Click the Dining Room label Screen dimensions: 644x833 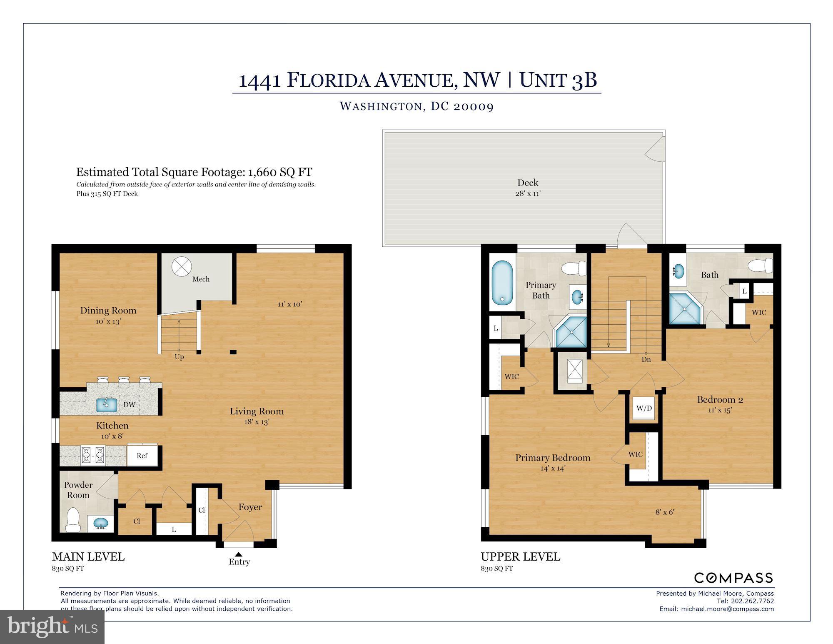(x=108, y=311)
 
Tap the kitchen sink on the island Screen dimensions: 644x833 (x=107, y=405)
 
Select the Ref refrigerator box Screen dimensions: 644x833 (x=142, y=456)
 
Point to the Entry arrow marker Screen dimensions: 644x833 (x=239, y=554)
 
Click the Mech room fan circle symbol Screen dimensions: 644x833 (x=182, y=266)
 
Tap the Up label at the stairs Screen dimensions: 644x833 (x=179, y=357)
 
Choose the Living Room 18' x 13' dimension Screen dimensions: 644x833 (x=257, y=422)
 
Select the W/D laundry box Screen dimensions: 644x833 (x=644, y=408)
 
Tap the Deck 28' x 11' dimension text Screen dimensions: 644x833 (x=528, y=193)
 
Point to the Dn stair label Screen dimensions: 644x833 (x=646, y=359)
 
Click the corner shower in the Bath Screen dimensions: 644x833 (x=685, y=309)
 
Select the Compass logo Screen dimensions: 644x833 (x=733, y=578)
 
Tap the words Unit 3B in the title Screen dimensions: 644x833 (x=558, y=80)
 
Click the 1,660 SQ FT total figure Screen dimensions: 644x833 (x=280, y=172)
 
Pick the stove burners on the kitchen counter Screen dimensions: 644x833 (x=92, y=455)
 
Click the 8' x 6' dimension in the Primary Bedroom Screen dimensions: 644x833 (x=665, y=512)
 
